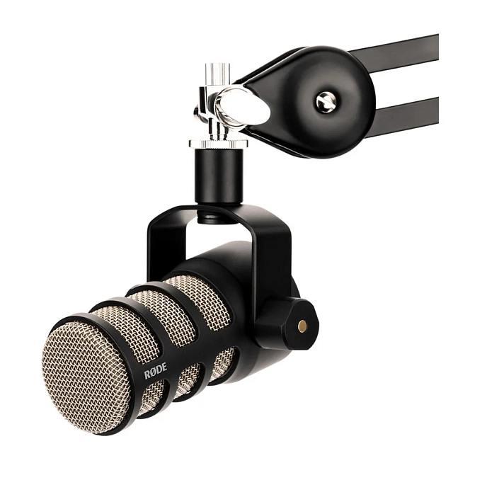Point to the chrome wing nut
pos(234,106)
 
